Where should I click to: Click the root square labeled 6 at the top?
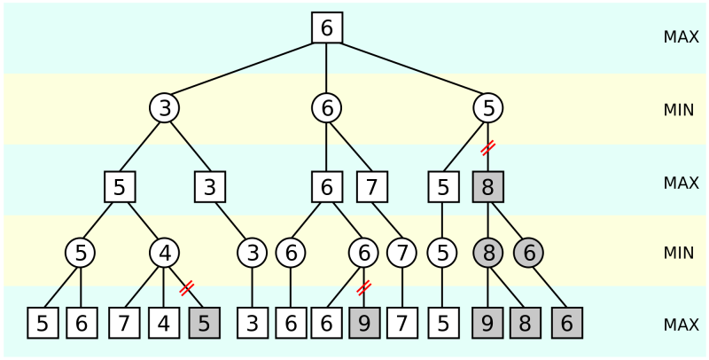(327, 27)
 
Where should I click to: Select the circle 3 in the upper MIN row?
(164, 108)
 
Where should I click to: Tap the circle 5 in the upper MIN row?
(487, 108)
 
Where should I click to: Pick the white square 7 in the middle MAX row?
(373, 187)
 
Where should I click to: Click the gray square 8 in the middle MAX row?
(487, 187)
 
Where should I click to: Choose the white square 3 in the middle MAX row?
(210, 187)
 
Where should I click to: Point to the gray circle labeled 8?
(487, 253)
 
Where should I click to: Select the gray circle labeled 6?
(528, 253)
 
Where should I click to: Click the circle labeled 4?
(164, 253)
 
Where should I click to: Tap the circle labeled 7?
(402, 253)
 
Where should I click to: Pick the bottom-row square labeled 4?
(164, 324)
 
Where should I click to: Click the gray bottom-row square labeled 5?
(204, 324)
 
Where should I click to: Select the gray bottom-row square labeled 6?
(567, 324)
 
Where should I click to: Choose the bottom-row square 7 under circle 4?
(125, 324)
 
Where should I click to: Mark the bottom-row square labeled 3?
(253, 324)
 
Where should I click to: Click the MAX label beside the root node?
(681, 37)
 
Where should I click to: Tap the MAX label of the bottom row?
(681, 325)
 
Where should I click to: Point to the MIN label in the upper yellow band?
(679, 110)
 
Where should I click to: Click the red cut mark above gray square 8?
(487, 147)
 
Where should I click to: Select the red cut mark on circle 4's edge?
(186, 287)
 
